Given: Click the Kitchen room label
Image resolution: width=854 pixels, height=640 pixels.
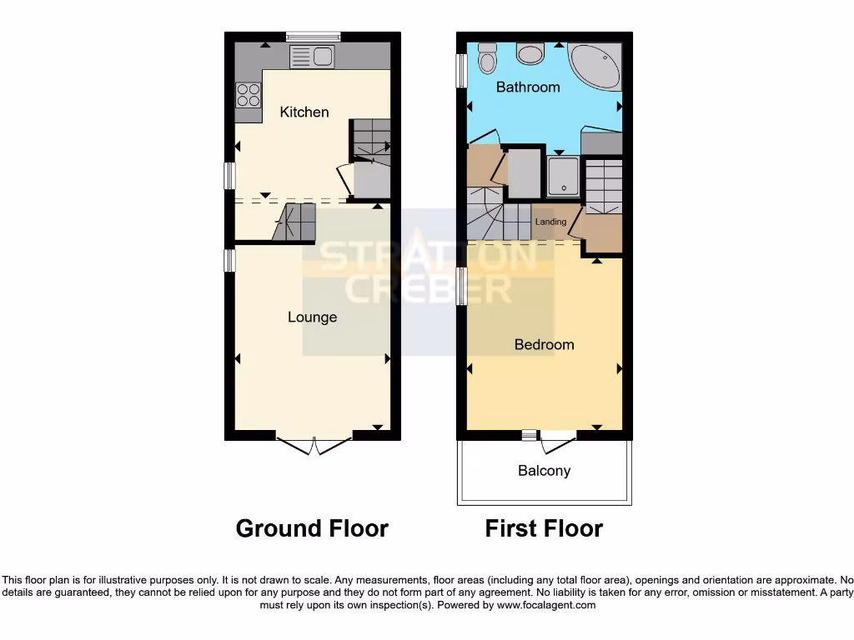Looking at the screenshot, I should pos(304,112).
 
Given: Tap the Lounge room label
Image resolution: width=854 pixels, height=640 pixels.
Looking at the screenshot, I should pos(313,317).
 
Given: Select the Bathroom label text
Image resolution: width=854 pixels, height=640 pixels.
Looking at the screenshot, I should pos(528,87).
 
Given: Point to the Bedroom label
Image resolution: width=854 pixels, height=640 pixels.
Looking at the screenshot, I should pos(544,344).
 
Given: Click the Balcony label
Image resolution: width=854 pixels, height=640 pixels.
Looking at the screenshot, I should pos(544,471).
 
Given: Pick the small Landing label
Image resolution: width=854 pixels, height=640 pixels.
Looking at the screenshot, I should pos(550,222).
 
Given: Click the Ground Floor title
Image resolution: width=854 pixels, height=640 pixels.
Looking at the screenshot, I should pos(312,528).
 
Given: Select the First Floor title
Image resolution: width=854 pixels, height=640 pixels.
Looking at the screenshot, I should pos(544,528).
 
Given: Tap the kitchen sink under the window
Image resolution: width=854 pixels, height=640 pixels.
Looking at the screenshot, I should pos(312,57).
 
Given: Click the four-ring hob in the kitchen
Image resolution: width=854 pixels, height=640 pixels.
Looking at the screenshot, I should pos(248,94).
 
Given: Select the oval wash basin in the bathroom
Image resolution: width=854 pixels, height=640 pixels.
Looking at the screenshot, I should pos(530,54).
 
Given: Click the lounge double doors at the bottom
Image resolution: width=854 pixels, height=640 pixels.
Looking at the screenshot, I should pos(314,444).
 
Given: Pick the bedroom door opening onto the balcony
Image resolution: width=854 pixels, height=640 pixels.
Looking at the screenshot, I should pos(557,438).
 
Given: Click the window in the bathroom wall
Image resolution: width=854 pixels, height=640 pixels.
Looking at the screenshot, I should pos(460,71).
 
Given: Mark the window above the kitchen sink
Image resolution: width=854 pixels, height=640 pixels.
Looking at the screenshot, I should pos(313,36).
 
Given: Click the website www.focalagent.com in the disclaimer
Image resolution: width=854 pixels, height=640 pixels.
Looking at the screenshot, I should pos(545,605).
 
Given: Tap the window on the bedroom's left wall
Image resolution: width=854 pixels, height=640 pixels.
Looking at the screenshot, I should pos(460,287).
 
